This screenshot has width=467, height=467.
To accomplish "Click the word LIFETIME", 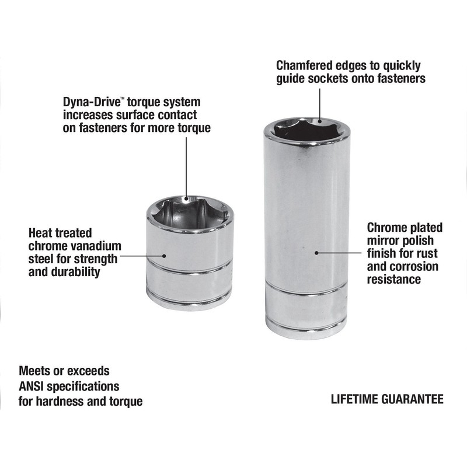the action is point(354,399).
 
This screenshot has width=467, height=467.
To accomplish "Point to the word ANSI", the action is point(32,386).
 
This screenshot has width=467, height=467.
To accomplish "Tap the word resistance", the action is point(393,280).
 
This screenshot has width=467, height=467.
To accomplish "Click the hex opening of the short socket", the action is point(187,211).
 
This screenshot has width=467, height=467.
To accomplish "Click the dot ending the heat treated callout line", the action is point(164,256).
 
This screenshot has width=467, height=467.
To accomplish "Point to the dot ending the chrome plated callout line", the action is point(316,253).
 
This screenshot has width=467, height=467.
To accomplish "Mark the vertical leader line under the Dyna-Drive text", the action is point(186,168).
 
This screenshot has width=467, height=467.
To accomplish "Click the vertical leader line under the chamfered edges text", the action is point(319,104).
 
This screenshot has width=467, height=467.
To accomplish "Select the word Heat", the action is point(41,233).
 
